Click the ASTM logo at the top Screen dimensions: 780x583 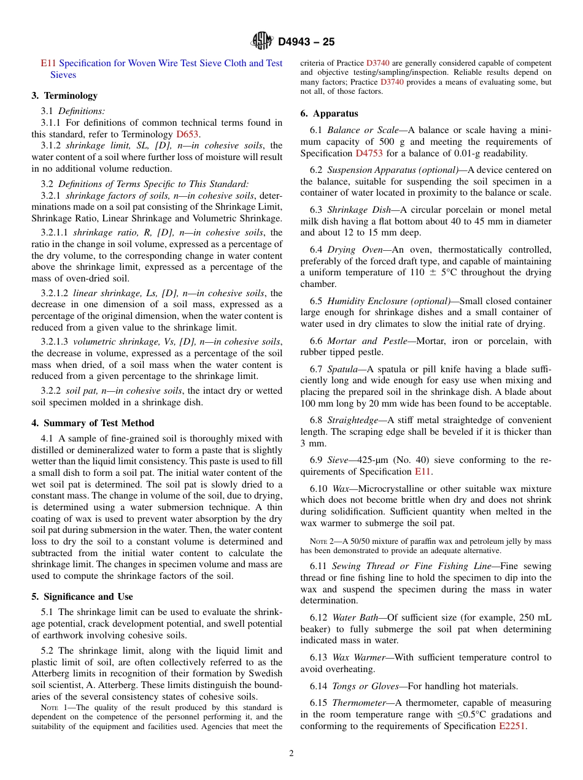click(262, 42)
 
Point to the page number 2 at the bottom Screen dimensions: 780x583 click(291, 754)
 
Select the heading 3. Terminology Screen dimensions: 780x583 click(64, 96)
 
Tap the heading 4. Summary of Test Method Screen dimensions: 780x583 click(93, 423)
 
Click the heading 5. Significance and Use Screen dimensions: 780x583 click(82, 597)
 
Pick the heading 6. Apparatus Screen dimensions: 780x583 click(329, 113)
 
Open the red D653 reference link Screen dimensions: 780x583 click(188, 134)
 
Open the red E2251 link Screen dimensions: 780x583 click(512, 726)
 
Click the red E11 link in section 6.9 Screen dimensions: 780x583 click(423, 472)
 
